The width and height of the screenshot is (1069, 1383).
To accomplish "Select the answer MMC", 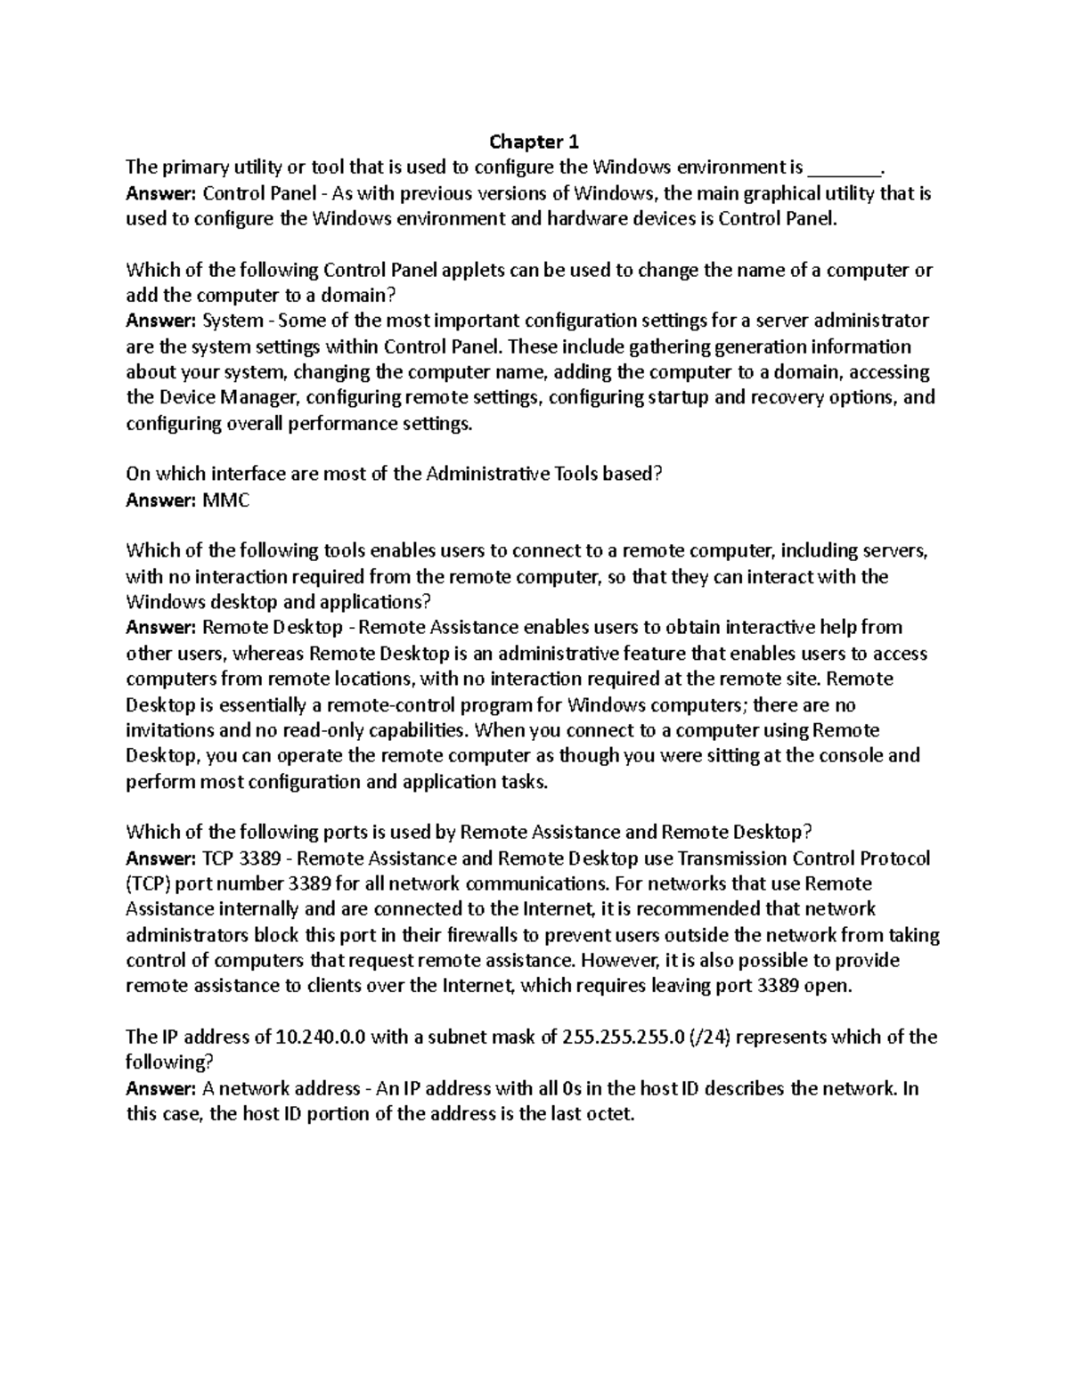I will point(226,500).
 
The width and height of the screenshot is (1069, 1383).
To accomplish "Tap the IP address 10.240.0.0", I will point(321,1037).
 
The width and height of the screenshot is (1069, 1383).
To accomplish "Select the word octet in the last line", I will point(610,1114).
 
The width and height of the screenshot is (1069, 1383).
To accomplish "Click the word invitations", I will point(169,730).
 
